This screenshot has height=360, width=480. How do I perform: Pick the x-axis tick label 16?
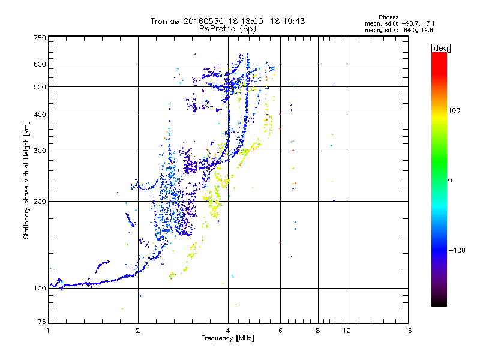[x=408, y=331]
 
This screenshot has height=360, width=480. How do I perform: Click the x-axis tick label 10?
[x=346, y=331]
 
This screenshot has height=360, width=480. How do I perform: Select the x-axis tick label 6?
[x=280, y=331]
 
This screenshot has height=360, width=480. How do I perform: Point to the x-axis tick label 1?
[x=48, y=331]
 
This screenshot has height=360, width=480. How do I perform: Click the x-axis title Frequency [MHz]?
[x=227, y=338]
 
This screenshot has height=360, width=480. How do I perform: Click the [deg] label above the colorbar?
[x=441, y=47]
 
